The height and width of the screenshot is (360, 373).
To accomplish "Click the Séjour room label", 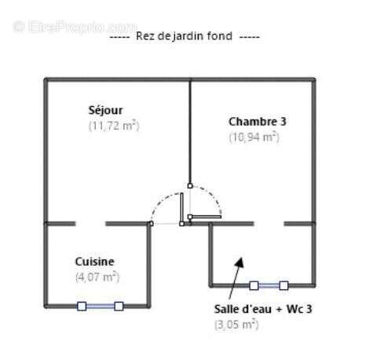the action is (105, 110).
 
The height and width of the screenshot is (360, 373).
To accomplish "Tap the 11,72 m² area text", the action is (114, 126).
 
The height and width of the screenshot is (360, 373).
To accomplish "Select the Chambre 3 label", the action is (258, 122).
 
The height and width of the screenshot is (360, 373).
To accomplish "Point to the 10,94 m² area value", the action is (254, 137).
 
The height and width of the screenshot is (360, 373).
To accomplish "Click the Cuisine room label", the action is (94, 262).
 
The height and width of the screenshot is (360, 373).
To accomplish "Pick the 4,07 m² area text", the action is (97, 277).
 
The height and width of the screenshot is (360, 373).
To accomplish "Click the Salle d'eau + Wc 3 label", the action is (263, 309).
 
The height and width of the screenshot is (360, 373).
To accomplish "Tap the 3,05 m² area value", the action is (236, 325).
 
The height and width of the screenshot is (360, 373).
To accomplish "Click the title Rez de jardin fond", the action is (185, 36).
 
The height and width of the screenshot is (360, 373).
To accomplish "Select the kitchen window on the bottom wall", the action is (101, 306).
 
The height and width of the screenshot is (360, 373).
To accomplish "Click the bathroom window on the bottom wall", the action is (269, 285).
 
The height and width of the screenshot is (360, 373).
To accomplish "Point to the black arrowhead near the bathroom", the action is (240, 263).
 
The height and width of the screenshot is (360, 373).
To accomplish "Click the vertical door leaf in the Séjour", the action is (181, 209).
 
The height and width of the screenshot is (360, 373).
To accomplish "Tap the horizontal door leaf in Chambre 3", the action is (205, 217).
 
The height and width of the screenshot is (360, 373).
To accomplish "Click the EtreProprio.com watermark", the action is (75, 27).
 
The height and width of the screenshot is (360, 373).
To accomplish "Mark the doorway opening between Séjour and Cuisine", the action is (90, 223).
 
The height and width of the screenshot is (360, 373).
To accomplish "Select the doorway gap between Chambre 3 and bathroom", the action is (269, 223).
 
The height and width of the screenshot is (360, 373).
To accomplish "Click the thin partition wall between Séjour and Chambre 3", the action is (190, 132).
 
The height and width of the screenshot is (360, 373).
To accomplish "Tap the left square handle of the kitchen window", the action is (82, 306).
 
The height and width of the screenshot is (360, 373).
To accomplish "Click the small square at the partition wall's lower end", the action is (190, 186).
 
